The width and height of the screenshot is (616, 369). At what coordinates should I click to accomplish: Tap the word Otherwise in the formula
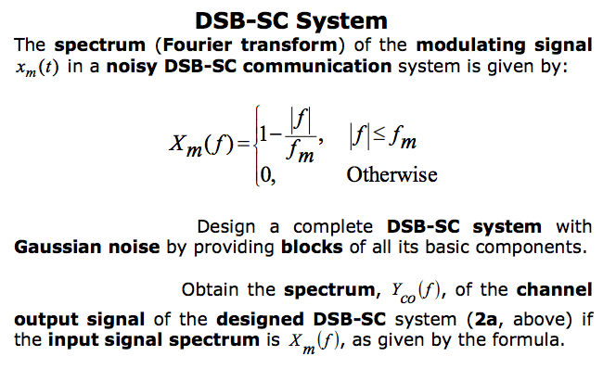pos(391,173)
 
